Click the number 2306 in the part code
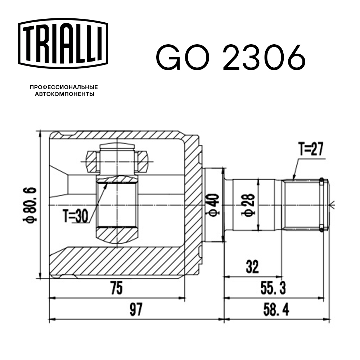(x=264, y=58)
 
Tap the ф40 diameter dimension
(x=213, y=206)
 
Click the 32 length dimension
(x=253, y=267)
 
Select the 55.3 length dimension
(x=273, y=288)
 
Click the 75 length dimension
(x=116, y=288)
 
